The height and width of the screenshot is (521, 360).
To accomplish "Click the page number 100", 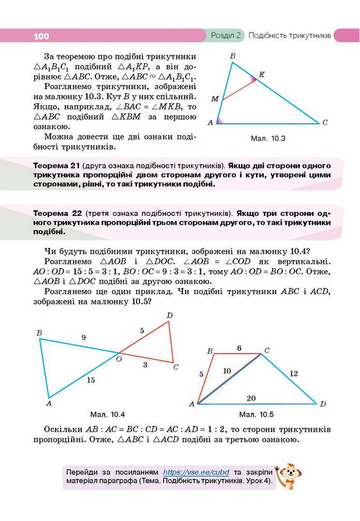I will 41,36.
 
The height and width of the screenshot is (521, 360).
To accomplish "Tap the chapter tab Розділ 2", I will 226,36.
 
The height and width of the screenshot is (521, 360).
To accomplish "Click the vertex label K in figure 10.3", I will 262,75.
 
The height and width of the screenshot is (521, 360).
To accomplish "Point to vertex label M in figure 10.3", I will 214,98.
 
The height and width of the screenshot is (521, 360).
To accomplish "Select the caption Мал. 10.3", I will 268,138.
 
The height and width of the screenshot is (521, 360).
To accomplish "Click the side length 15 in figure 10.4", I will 91,380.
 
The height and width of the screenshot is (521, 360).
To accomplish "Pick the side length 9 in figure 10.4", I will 83,337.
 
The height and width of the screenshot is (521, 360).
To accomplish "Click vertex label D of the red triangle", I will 169,315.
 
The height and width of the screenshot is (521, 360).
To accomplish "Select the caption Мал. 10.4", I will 107,414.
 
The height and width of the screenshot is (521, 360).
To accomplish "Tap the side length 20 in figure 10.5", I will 251,398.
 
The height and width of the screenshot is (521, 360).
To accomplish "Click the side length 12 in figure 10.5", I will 294,373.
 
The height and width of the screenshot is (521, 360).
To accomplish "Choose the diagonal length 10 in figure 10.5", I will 227,370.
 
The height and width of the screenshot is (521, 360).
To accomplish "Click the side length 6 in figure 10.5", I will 239,348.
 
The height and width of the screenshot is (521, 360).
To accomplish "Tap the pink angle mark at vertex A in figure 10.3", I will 220,121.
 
